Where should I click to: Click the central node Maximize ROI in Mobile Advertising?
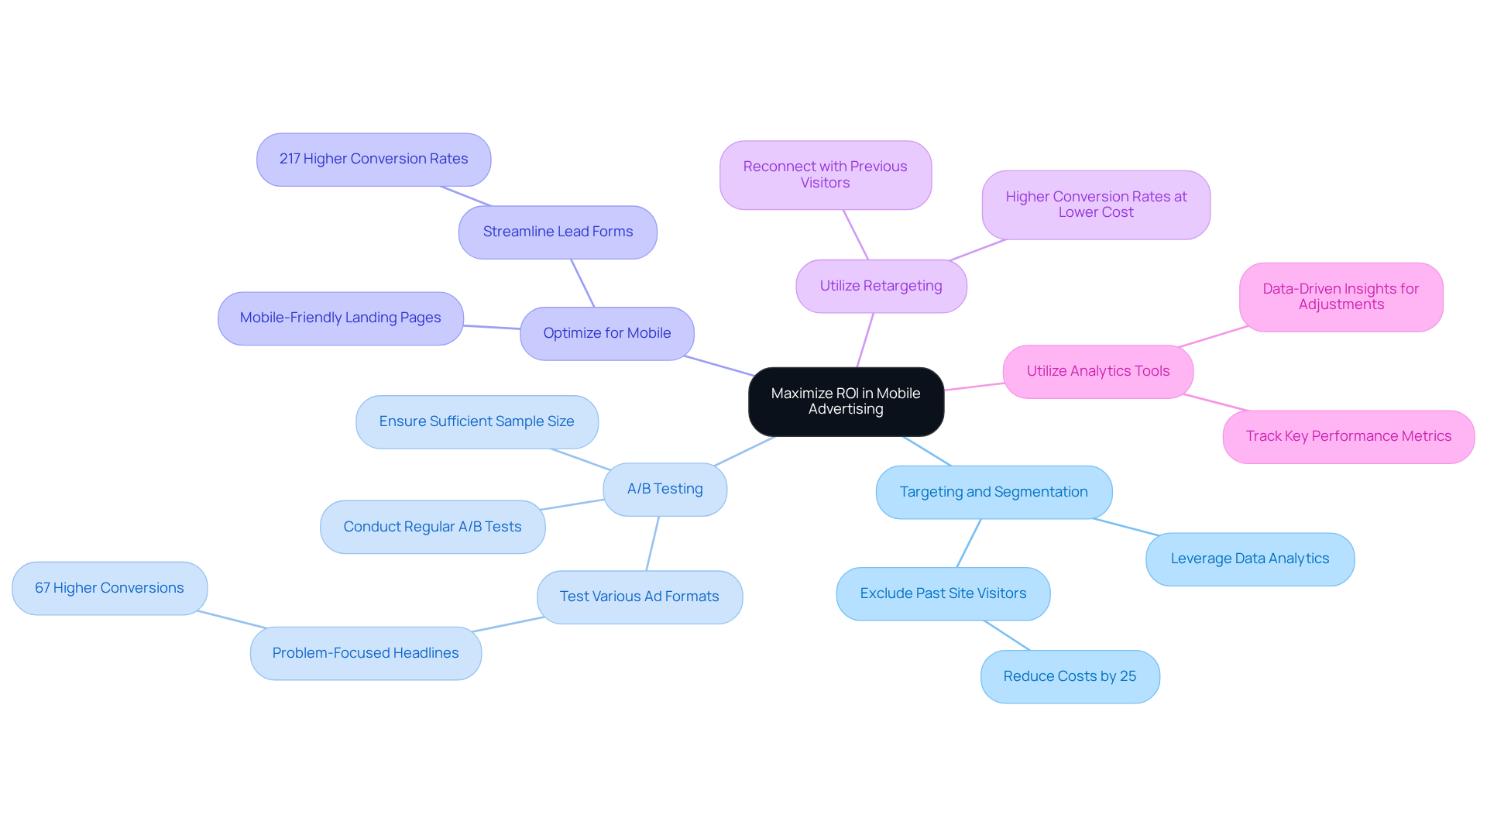(x=846, y=401)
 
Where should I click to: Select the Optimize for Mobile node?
(x=606, y=333)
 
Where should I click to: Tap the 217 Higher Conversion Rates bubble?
(x=373, y=159)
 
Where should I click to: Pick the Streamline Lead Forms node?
(x=558, y=232)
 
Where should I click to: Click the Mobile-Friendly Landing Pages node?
(x=340, y=318)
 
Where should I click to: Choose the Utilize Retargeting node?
(x=881, y=286)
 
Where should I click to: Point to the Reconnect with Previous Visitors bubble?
(x=825, y=174)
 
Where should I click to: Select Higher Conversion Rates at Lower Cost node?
(x=1095, y=205)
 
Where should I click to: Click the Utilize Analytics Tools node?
(x=1097, y=371)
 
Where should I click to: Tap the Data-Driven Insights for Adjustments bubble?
(x=1340, y=297)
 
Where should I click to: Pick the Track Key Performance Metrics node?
(x=1348, y=436)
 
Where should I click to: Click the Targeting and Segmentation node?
(x=993, y=492)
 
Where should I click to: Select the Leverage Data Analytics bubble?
(x=1249, y=559)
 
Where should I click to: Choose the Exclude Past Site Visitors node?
(x=943, y=593)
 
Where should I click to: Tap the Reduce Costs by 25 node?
(x=1070, y=676)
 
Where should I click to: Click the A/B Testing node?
(x=665, y=489)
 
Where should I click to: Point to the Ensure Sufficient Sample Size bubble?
(x=476, y=421)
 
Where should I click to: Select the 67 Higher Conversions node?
(x=109, y=588)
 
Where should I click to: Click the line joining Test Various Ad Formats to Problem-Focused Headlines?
(x=509, y=624)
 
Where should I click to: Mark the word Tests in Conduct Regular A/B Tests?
(x=503, y=527)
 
